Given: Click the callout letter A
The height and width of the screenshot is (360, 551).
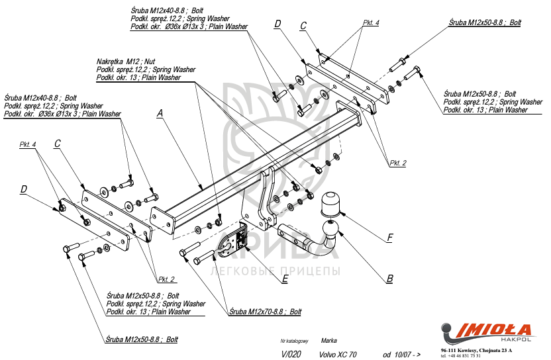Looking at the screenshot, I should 160,113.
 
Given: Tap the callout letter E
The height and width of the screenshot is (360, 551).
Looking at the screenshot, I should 284,279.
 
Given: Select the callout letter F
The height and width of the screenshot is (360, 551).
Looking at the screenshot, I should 390,237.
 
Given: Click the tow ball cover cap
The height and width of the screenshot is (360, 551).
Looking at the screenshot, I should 331,204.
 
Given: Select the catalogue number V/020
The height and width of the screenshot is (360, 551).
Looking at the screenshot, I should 291,355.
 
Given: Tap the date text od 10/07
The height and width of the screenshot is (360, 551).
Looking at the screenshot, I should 401,355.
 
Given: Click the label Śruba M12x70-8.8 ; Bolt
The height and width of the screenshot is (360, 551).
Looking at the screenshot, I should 265,311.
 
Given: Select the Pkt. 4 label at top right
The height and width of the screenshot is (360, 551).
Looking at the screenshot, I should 371,22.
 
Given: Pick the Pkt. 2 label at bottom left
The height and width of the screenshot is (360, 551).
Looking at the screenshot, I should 166,279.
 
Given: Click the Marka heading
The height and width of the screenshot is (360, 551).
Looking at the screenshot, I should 328,341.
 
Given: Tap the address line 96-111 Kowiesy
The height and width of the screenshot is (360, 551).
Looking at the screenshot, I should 477,349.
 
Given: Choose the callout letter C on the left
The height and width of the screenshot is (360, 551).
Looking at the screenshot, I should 58,143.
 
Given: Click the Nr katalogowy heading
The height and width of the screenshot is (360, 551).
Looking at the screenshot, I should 294,341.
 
